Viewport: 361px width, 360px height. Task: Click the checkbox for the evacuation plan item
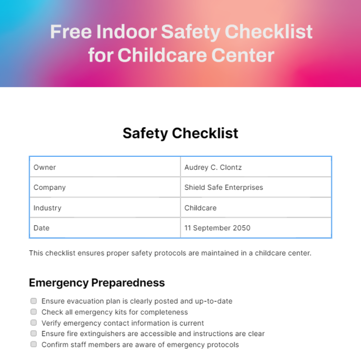click(x=34, y=301)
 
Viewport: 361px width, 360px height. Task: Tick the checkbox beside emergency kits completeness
click(x=34, y=312)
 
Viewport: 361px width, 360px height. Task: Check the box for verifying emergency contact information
click(x=34, y=322)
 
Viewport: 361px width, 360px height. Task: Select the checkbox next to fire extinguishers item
click(x=34, y=333)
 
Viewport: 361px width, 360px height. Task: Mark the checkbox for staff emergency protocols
click(x=34, y=344)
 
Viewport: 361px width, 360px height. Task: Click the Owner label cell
click(x=45, y=167)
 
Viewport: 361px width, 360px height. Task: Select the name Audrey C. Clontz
click(x=213, y=167)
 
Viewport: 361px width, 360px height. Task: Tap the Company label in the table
click(x=50, y=188)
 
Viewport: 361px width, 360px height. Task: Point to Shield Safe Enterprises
click(x=224, y=188)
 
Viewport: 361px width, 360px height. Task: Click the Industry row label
click(x=48, y=208)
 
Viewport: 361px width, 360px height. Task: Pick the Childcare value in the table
click(x=200, y=208)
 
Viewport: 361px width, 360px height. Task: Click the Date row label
click(x=42, y=228)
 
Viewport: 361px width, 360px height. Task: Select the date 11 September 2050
click(x=217, y=228)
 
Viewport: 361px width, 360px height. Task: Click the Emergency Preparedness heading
click(x=97, y=283)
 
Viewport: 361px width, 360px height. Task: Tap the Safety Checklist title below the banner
click(x=180, y=133)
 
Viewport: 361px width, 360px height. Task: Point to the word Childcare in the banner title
click(x=162, y=55)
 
